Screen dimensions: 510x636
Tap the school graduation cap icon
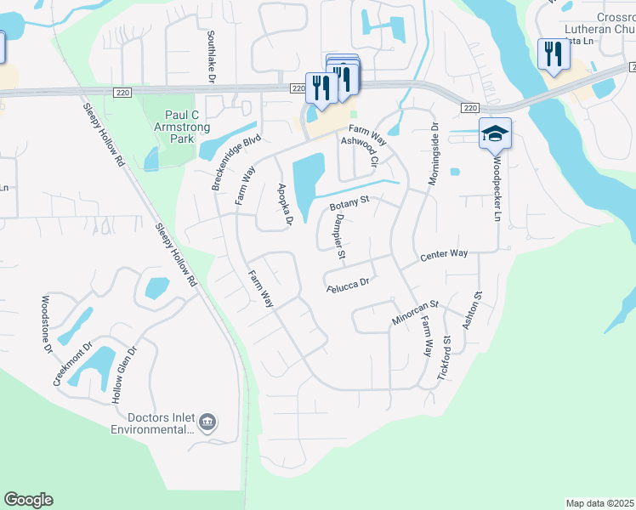click(x=495, y=133)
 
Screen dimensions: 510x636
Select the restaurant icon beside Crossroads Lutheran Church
click(x=554, y=54)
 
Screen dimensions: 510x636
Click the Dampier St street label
click(x=338, y=236)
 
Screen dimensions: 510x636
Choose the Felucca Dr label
click(x=349, y=287)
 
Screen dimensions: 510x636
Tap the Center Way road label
click(x=445, y=254)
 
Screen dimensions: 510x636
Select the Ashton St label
click(x=471, y=311)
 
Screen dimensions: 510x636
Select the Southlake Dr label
click(x=211, y=56)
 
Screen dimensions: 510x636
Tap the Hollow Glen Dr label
click(x=124, y=374)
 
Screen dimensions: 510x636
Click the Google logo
click(x=28, y=500)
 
